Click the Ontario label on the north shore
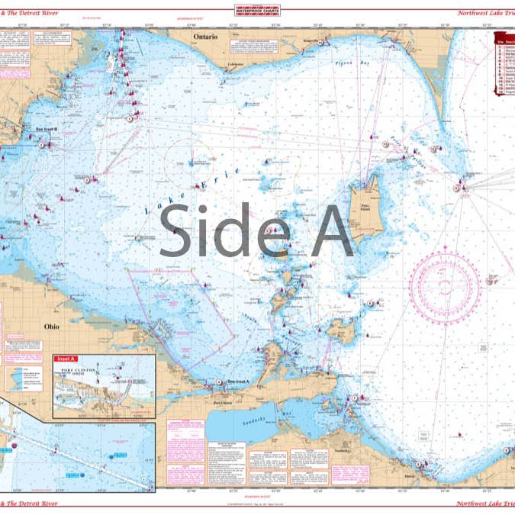(x=205, y=37)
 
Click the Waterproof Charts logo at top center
(x=258, y=10)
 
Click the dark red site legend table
(x=504, y=72)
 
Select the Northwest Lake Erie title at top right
(x=484, y=12)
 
